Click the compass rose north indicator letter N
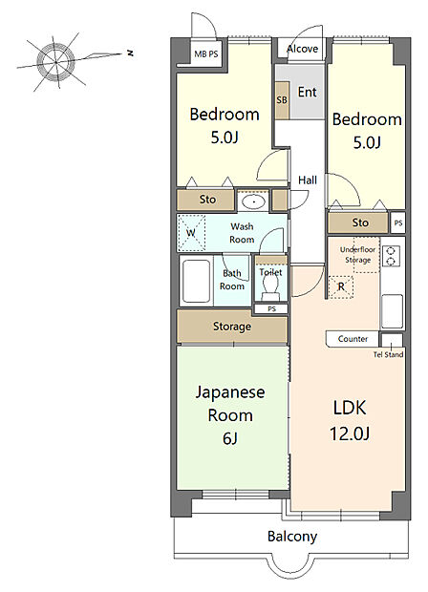130,53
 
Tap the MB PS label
206,54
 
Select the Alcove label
302,49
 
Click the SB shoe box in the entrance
282,100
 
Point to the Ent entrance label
307,92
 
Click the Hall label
308,180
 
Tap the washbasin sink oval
254,202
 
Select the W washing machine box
191,233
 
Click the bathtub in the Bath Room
196,281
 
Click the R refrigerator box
341,287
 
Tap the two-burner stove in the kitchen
391,256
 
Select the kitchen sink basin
392,311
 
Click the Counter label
353,339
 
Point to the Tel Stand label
388,354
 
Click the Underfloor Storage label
357,255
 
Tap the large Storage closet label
232,327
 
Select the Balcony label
292,537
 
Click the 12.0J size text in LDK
350,433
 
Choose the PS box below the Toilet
271,308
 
